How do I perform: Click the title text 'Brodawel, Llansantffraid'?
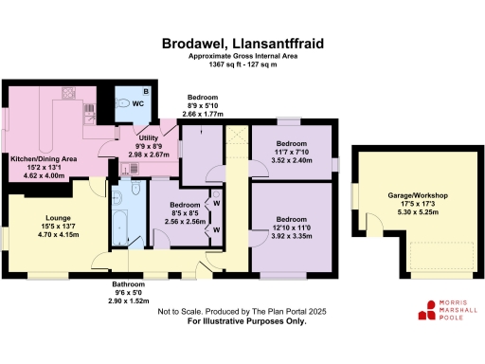(x=243, y=43)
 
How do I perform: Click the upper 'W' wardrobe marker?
(x=216, y=203)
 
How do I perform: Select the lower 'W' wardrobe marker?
(x=216, y=229)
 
